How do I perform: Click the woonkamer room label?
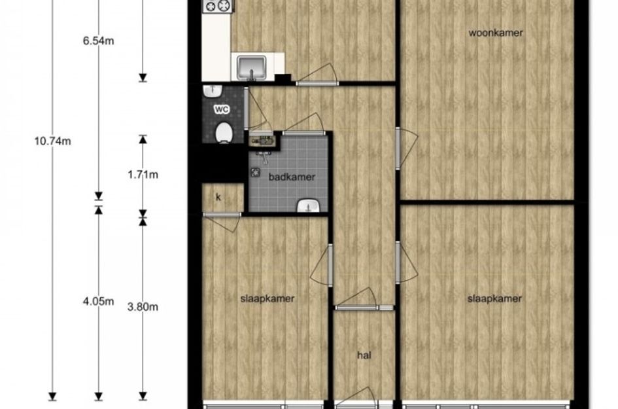pos(496,33)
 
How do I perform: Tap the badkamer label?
pos(292,177)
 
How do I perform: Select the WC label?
pos(222,109)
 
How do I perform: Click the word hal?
pos(364,355)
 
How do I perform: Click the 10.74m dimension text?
pos(53,141)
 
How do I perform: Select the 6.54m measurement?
pos(98,41)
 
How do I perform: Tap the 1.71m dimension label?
pos(143,174)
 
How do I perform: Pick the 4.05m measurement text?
pos(98,301)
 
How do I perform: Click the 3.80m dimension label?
pos(143,306)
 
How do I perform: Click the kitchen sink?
pos(252,66)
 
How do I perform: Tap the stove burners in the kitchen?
pos(218,5)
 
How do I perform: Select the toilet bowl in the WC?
pos(224,132)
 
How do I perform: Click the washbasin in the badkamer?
pos(308,205)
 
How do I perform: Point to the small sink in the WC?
pos(213,91)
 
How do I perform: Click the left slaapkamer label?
pos(267,298)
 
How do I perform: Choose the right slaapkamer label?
pos(494,298)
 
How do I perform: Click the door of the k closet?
pos(222,221)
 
